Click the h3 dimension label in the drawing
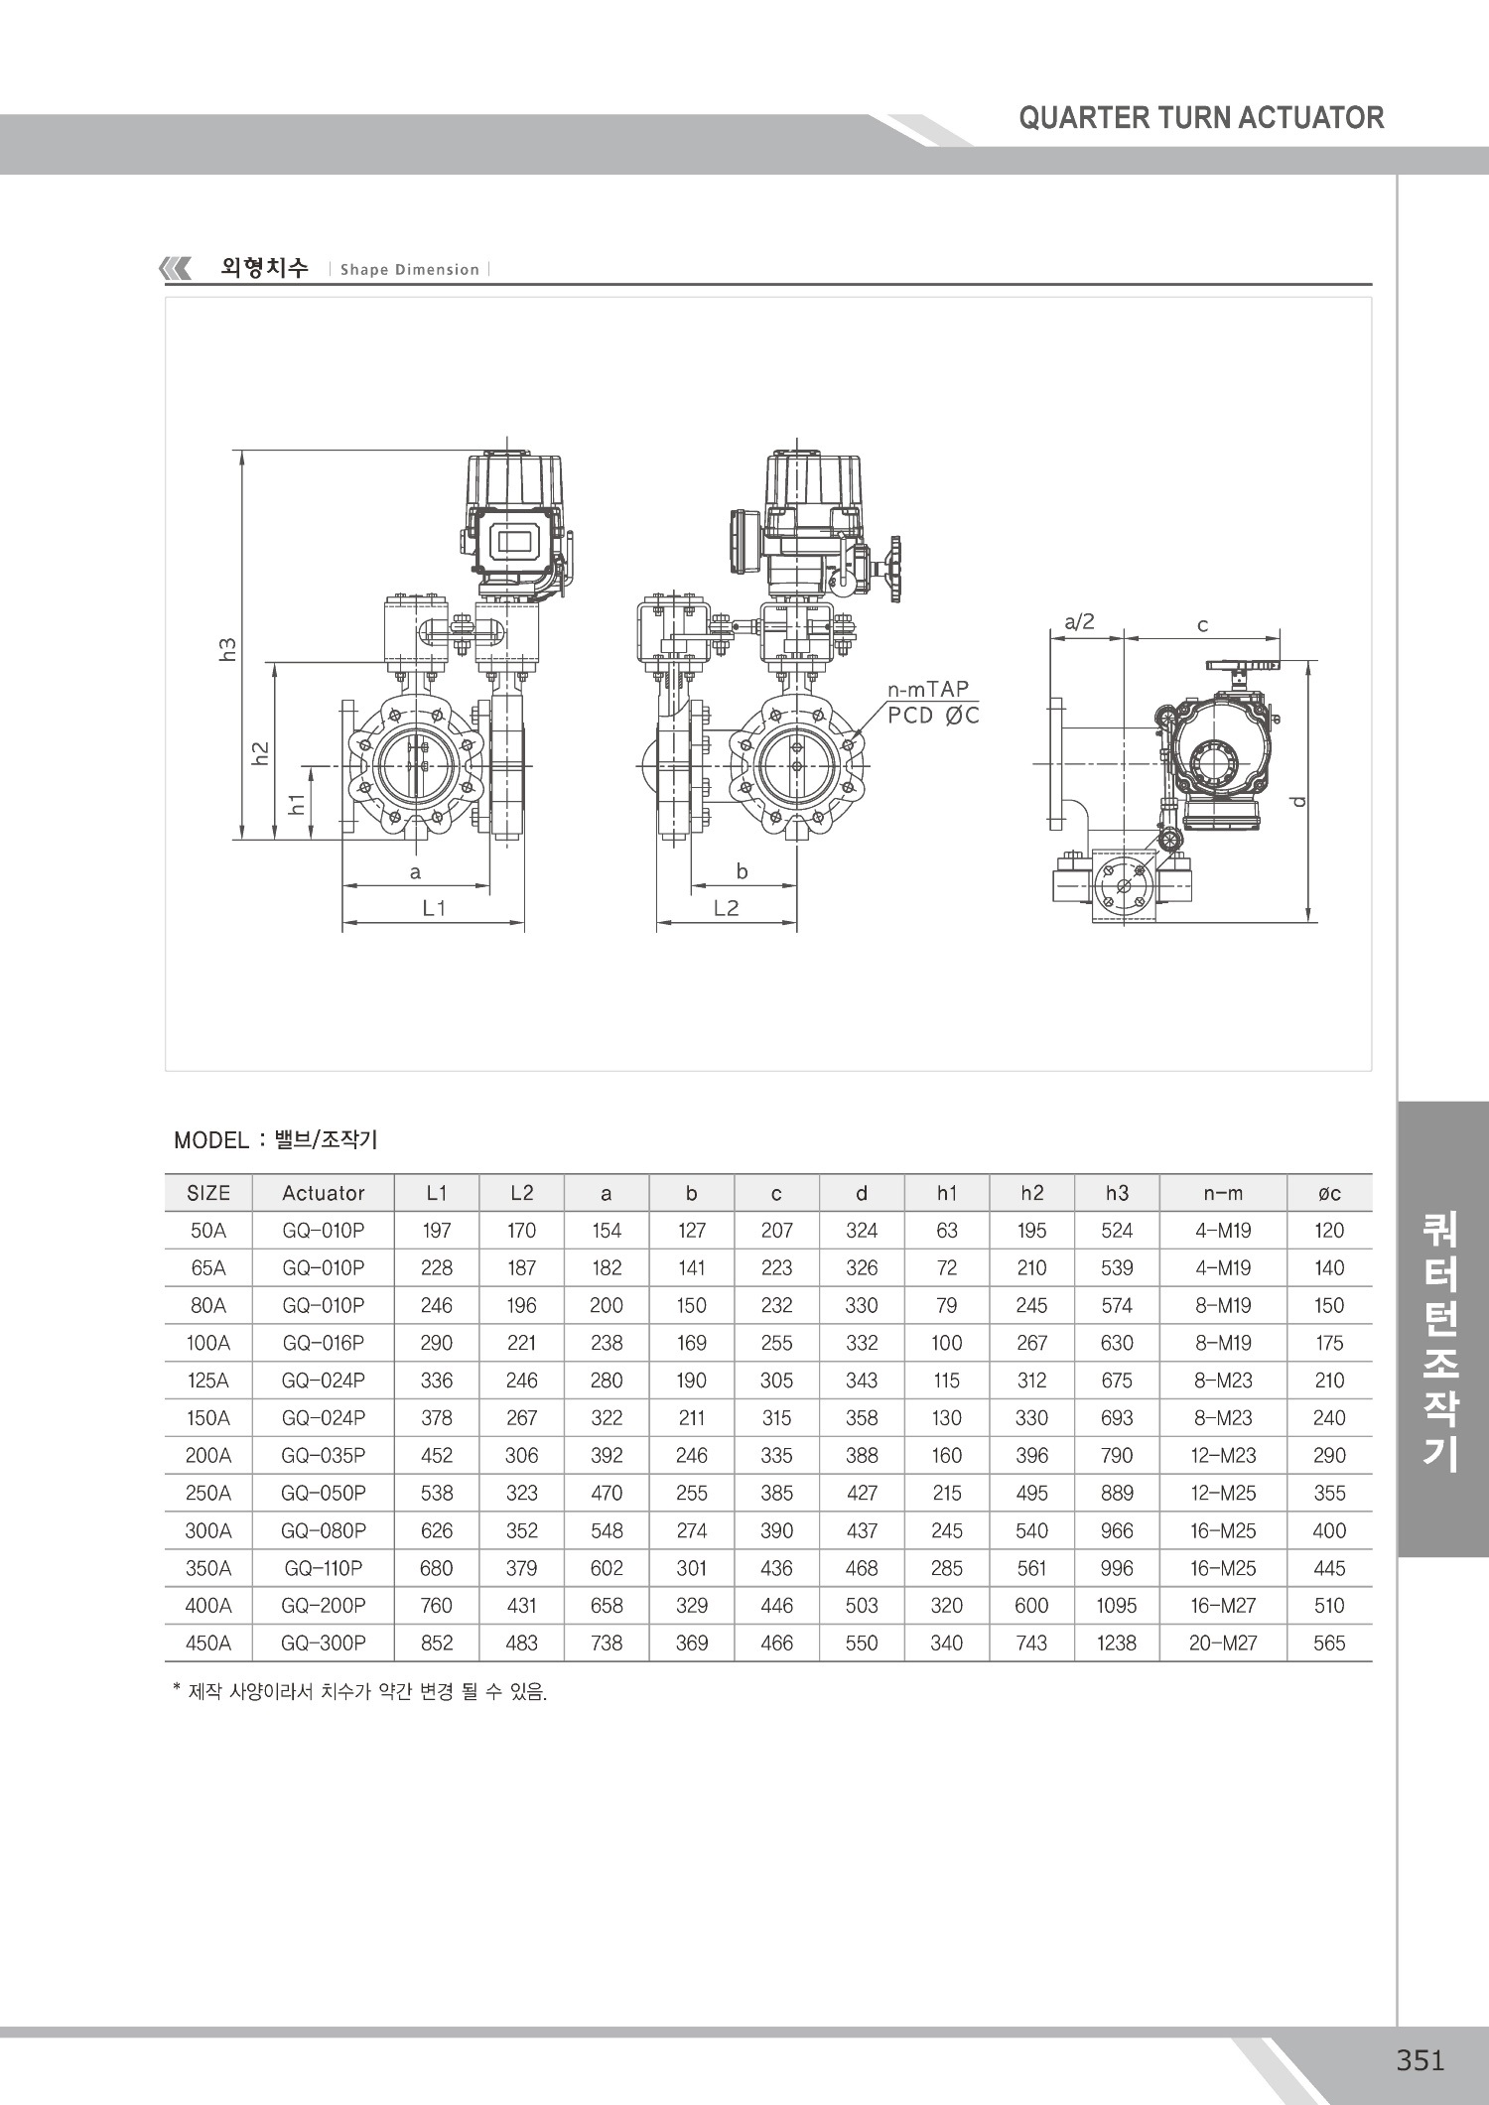pos(228,649)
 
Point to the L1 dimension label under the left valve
pos(435,907)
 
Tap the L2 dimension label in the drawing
pos(727,907)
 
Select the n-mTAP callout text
pos(928,689)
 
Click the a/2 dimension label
pos(1079,622)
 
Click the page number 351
pos(1420,2060)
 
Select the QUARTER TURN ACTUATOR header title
pos(1201,118)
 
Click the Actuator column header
pos(324,1193)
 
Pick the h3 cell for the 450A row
pos(1117,1644)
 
